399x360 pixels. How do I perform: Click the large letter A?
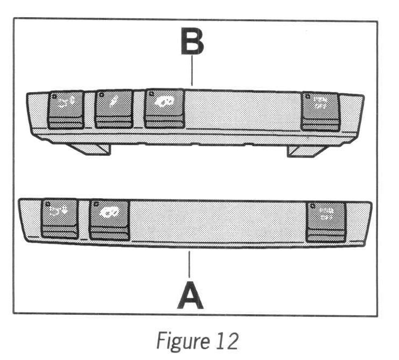pos(190,293)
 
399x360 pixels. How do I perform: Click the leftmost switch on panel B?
pos(65,109)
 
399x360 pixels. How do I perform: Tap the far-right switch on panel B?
pos(320,111)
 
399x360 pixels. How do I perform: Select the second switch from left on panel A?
pos(110,219)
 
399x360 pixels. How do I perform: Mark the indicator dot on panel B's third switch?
pos(150,95)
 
